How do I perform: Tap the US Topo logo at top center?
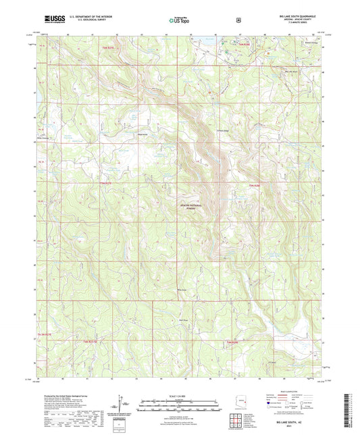coord(179,21)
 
